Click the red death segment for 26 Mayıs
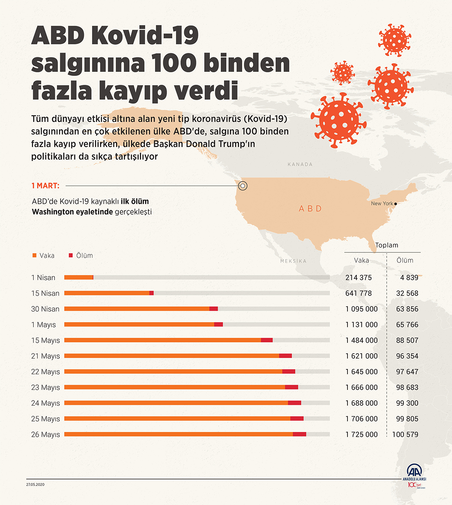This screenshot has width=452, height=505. (299, 434)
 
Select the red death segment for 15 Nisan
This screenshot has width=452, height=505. (151, 293)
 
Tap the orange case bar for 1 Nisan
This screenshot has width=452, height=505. (79, 277)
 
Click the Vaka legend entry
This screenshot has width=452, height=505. (44, 256)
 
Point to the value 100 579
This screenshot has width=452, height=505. (405, 434)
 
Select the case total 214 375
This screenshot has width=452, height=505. (358, 277)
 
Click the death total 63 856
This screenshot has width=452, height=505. (407, 309)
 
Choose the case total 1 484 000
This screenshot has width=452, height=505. (361, 340)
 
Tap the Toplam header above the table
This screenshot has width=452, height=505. (387, 245)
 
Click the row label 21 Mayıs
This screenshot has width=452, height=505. (46, 356)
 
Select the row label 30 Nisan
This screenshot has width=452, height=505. (45, 309)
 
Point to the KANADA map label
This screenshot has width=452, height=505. (300, 164)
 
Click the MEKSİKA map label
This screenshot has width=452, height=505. (293, 261)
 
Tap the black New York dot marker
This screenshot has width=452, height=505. (395, 204)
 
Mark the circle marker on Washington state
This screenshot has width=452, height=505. (243, 186)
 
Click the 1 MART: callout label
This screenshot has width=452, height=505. (46, 186)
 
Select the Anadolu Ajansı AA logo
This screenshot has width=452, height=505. (414, 471)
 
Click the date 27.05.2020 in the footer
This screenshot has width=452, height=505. (36, 484)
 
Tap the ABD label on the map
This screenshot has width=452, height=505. (310, 209)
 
